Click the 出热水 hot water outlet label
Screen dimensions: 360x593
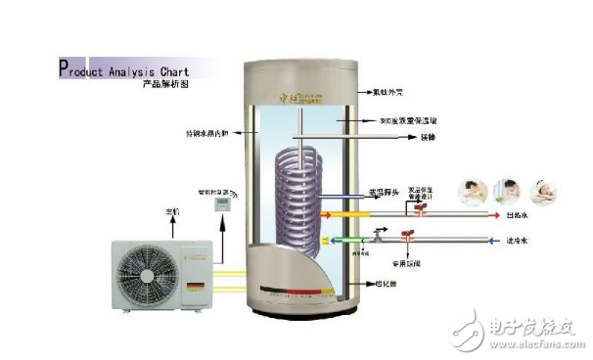pyautogui.click(x=520, y=214)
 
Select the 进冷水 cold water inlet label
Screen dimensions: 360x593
pyautogui.click(x=520, y=240)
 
